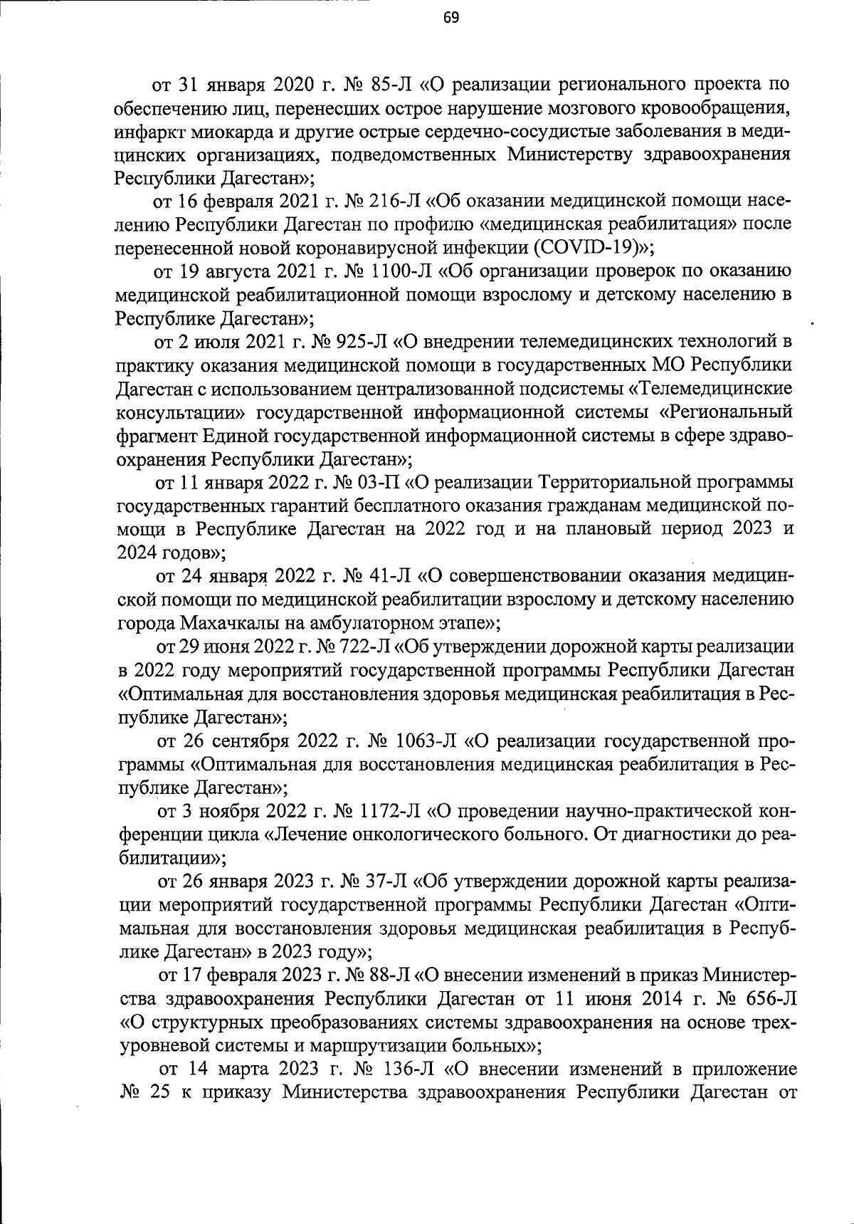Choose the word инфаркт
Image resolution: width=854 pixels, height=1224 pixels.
click(x=148, y=132)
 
